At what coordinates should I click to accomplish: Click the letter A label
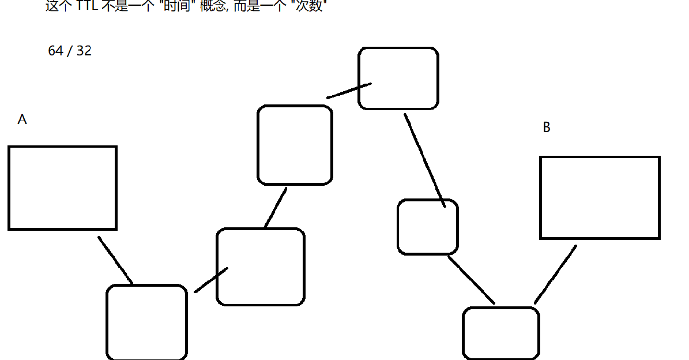[x=22, y=119]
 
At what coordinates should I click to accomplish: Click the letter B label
[x=547, y=127]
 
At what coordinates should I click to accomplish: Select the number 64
[x=55, y=51]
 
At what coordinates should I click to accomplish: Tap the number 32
[x=84, y=51]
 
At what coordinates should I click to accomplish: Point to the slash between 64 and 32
[x=69, y=51]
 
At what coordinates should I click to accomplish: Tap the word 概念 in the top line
[x=216, y=6]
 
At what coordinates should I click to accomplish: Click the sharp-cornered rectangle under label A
[x=62, y=187]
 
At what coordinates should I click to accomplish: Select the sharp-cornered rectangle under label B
[x=600, y=197]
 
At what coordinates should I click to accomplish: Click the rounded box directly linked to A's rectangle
[x=146, y=322]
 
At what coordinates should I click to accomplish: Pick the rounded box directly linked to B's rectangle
[x=500, y=333]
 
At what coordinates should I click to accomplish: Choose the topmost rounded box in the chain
[x=398, y=78]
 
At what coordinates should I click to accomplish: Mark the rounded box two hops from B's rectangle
[x=427, y=226]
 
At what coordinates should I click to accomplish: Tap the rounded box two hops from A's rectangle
[x=260, y=267]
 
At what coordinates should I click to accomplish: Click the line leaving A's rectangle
[x=115, y=260]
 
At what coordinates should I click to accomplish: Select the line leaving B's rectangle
[x=555, y=274]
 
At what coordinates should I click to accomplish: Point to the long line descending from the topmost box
[x=424, y=160]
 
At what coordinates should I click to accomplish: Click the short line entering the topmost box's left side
[x=349, y=91]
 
